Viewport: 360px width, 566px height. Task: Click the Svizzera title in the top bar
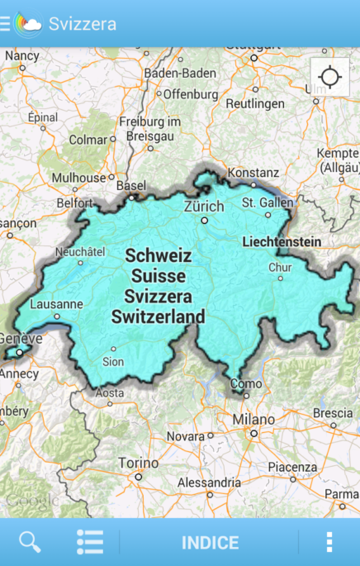(82, 23)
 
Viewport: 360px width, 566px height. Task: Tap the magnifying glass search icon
(30, 542)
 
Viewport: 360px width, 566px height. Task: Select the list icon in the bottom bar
(90, 542)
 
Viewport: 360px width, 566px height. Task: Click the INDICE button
(210, 543)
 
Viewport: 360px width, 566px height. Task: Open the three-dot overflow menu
(329, 542)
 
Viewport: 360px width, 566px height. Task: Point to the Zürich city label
(204, 207)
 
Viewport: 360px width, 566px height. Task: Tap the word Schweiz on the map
(159, 256)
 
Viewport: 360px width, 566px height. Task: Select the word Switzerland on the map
(159, 316)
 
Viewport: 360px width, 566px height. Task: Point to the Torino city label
(138, 463)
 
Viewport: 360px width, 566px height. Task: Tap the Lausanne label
(56, 304)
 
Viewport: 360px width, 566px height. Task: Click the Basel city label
(131, 186)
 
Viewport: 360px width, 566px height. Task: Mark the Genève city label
(18, 339)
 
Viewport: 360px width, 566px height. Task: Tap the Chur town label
(280, 268)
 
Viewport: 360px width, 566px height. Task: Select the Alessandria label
(210, 483)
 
